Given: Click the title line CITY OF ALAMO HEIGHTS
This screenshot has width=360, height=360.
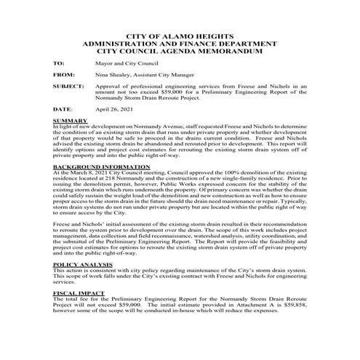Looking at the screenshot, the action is [180, 36].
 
